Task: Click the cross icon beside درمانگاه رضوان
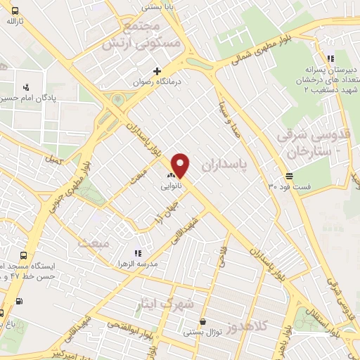tap(157, 70)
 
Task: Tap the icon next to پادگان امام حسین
tap(26, 88)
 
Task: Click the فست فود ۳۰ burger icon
tap(289, 175)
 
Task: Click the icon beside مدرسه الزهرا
tap(138, 252)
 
